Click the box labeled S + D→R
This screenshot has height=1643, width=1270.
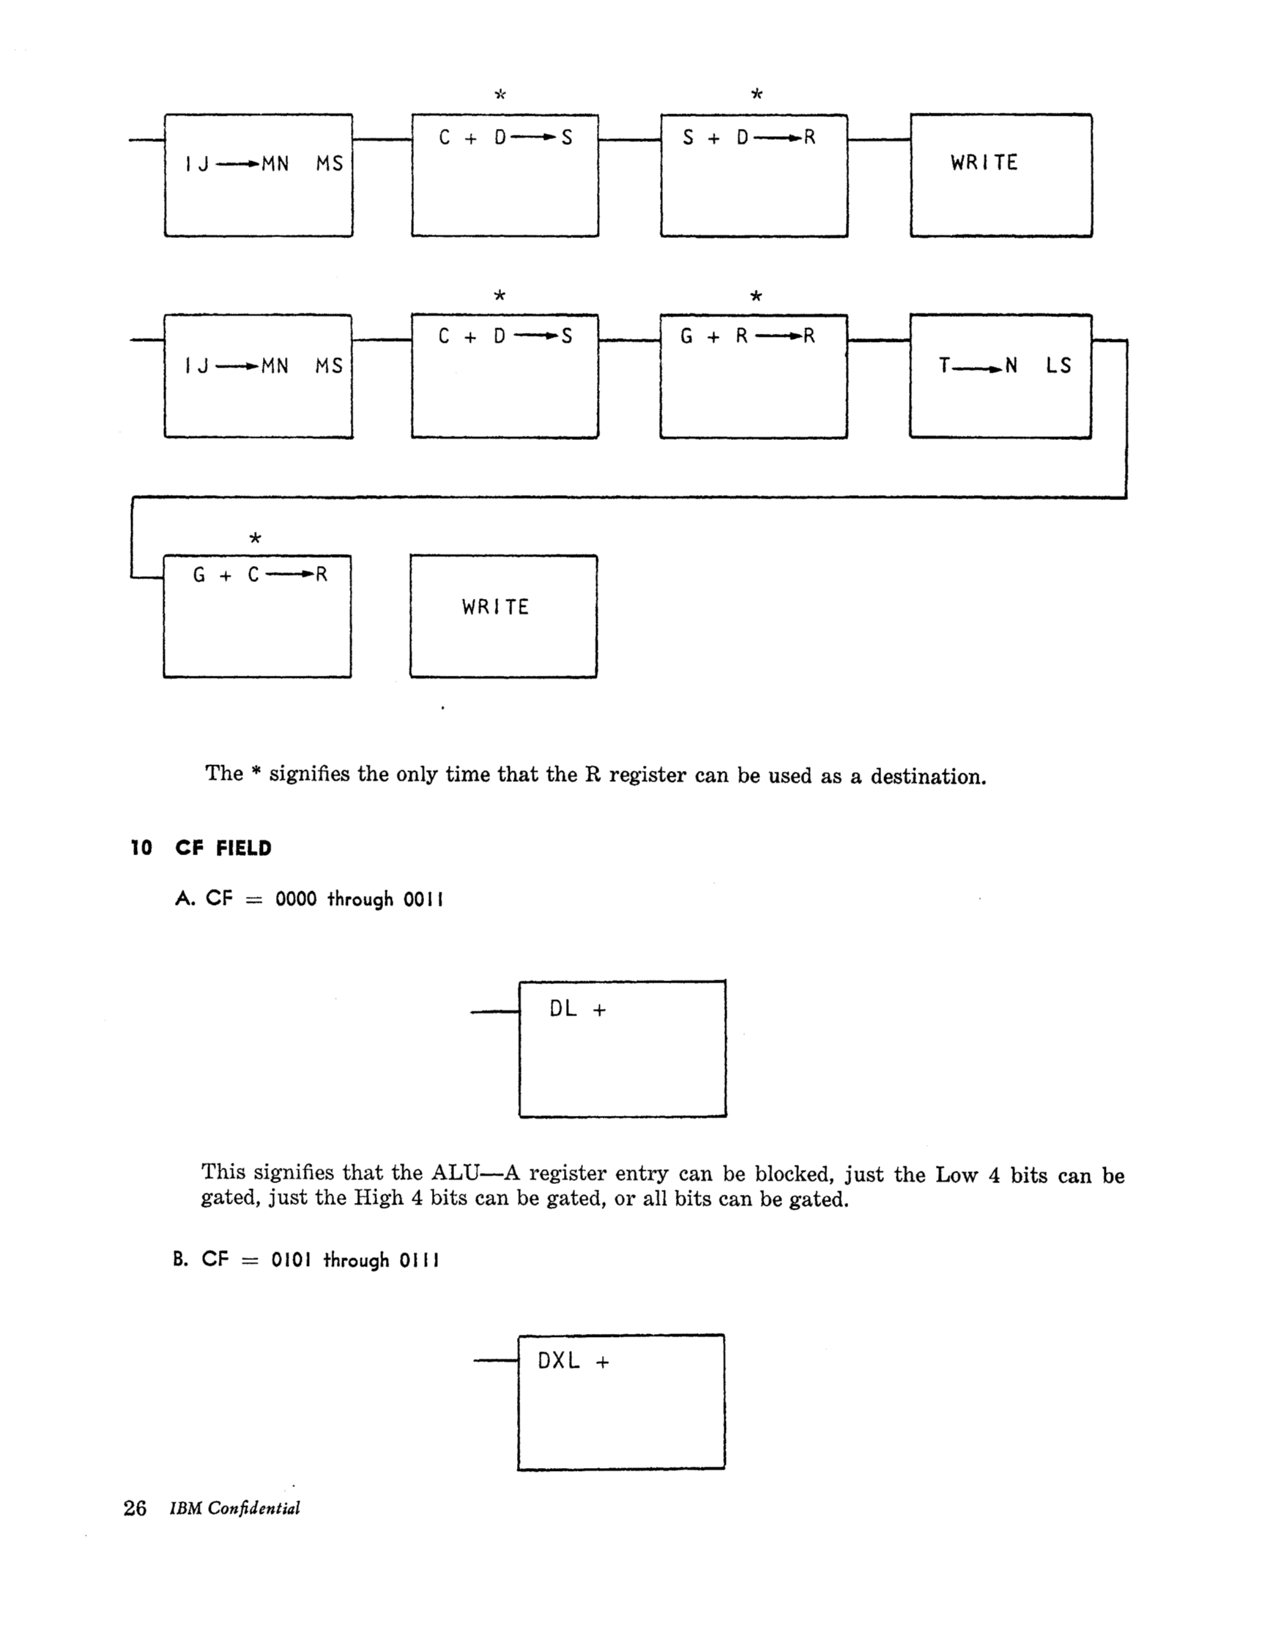coord(754,176)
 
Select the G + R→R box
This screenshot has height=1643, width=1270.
coord(753,376)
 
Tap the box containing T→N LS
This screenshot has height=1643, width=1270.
coord(1000,376)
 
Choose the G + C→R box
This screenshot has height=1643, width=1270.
coord(257,616)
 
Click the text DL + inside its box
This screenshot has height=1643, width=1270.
coord(577,1010)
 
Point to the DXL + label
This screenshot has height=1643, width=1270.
coord(573,1361)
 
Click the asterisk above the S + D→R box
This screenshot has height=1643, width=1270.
coord(757,94)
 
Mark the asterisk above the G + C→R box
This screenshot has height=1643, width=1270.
coord(255,539)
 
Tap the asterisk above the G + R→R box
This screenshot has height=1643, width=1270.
coord(756,297)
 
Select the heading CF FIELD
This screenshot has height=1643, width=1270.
coord(223,849)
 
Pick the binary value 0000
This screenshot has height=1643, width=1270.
coord(296,899)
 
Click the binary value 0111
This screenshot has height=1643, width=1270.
coord(419,1260)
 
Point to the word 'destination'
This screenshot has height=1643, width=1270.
coord(927,776)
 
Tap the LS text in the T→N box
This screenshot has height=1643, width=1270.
coord(1058,366)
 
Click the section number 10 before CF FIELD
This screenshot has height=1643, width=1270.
coord(141,849)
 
